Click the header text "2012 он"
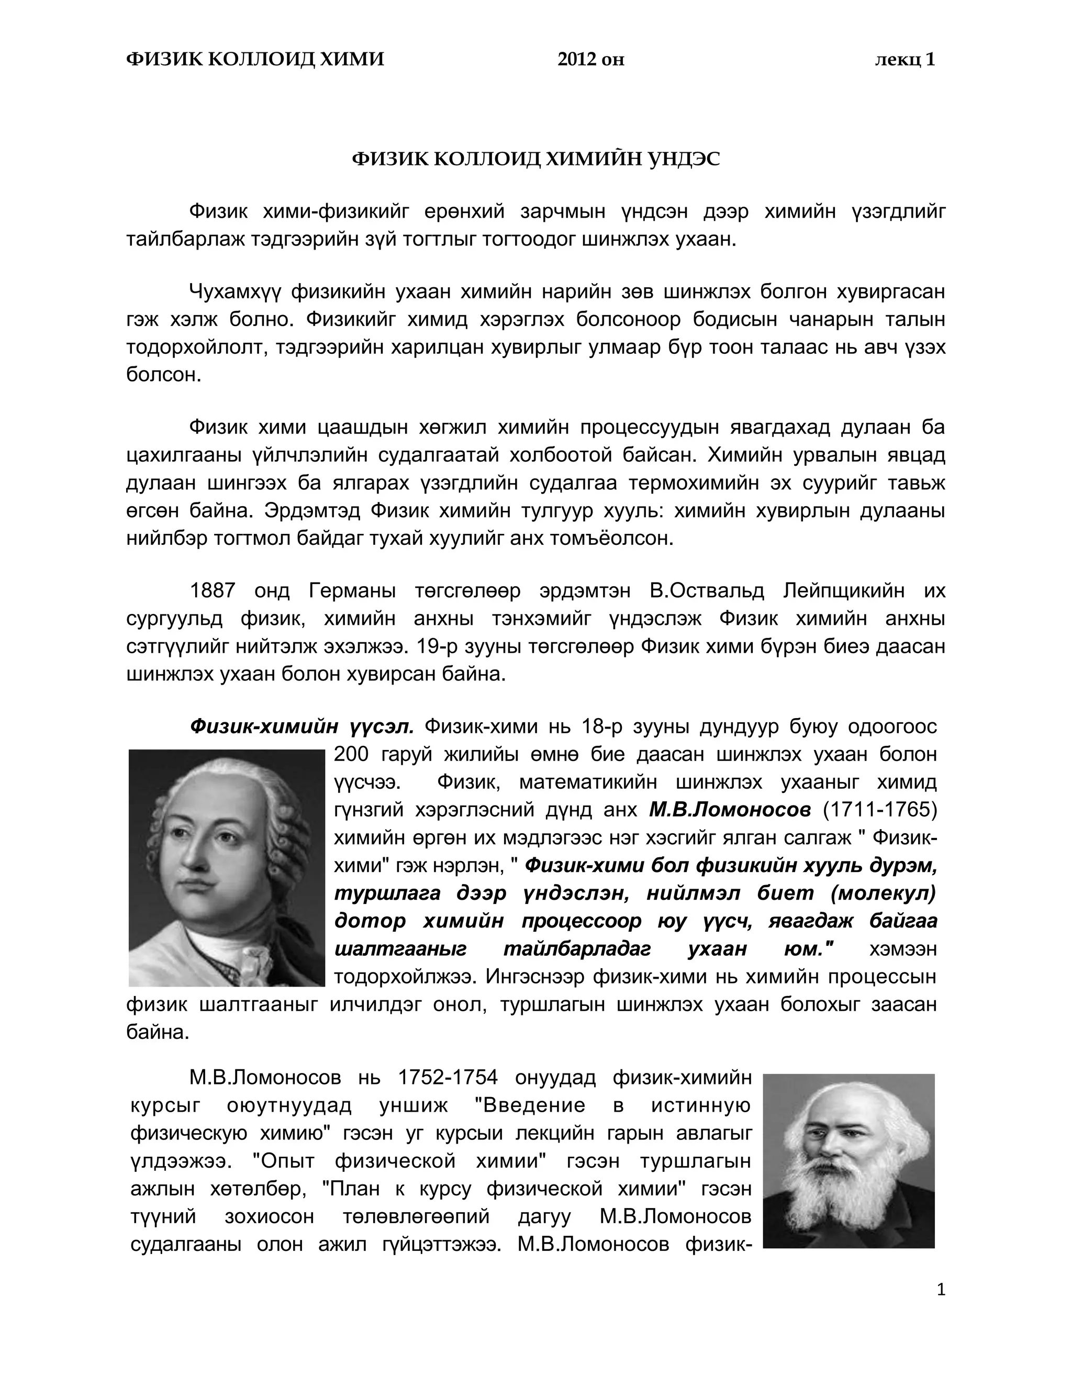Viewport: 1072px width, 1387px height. point(590,60)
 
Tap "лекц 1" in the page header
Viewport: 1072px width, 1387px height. point(904,60)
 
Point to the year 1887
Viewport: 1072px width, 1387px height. point(213,591)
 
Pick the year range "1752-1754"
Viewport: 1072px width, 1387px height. point(448,1078)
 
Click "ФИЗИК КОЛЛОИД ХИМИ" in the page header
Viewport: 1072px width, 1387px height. point(255,60)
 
